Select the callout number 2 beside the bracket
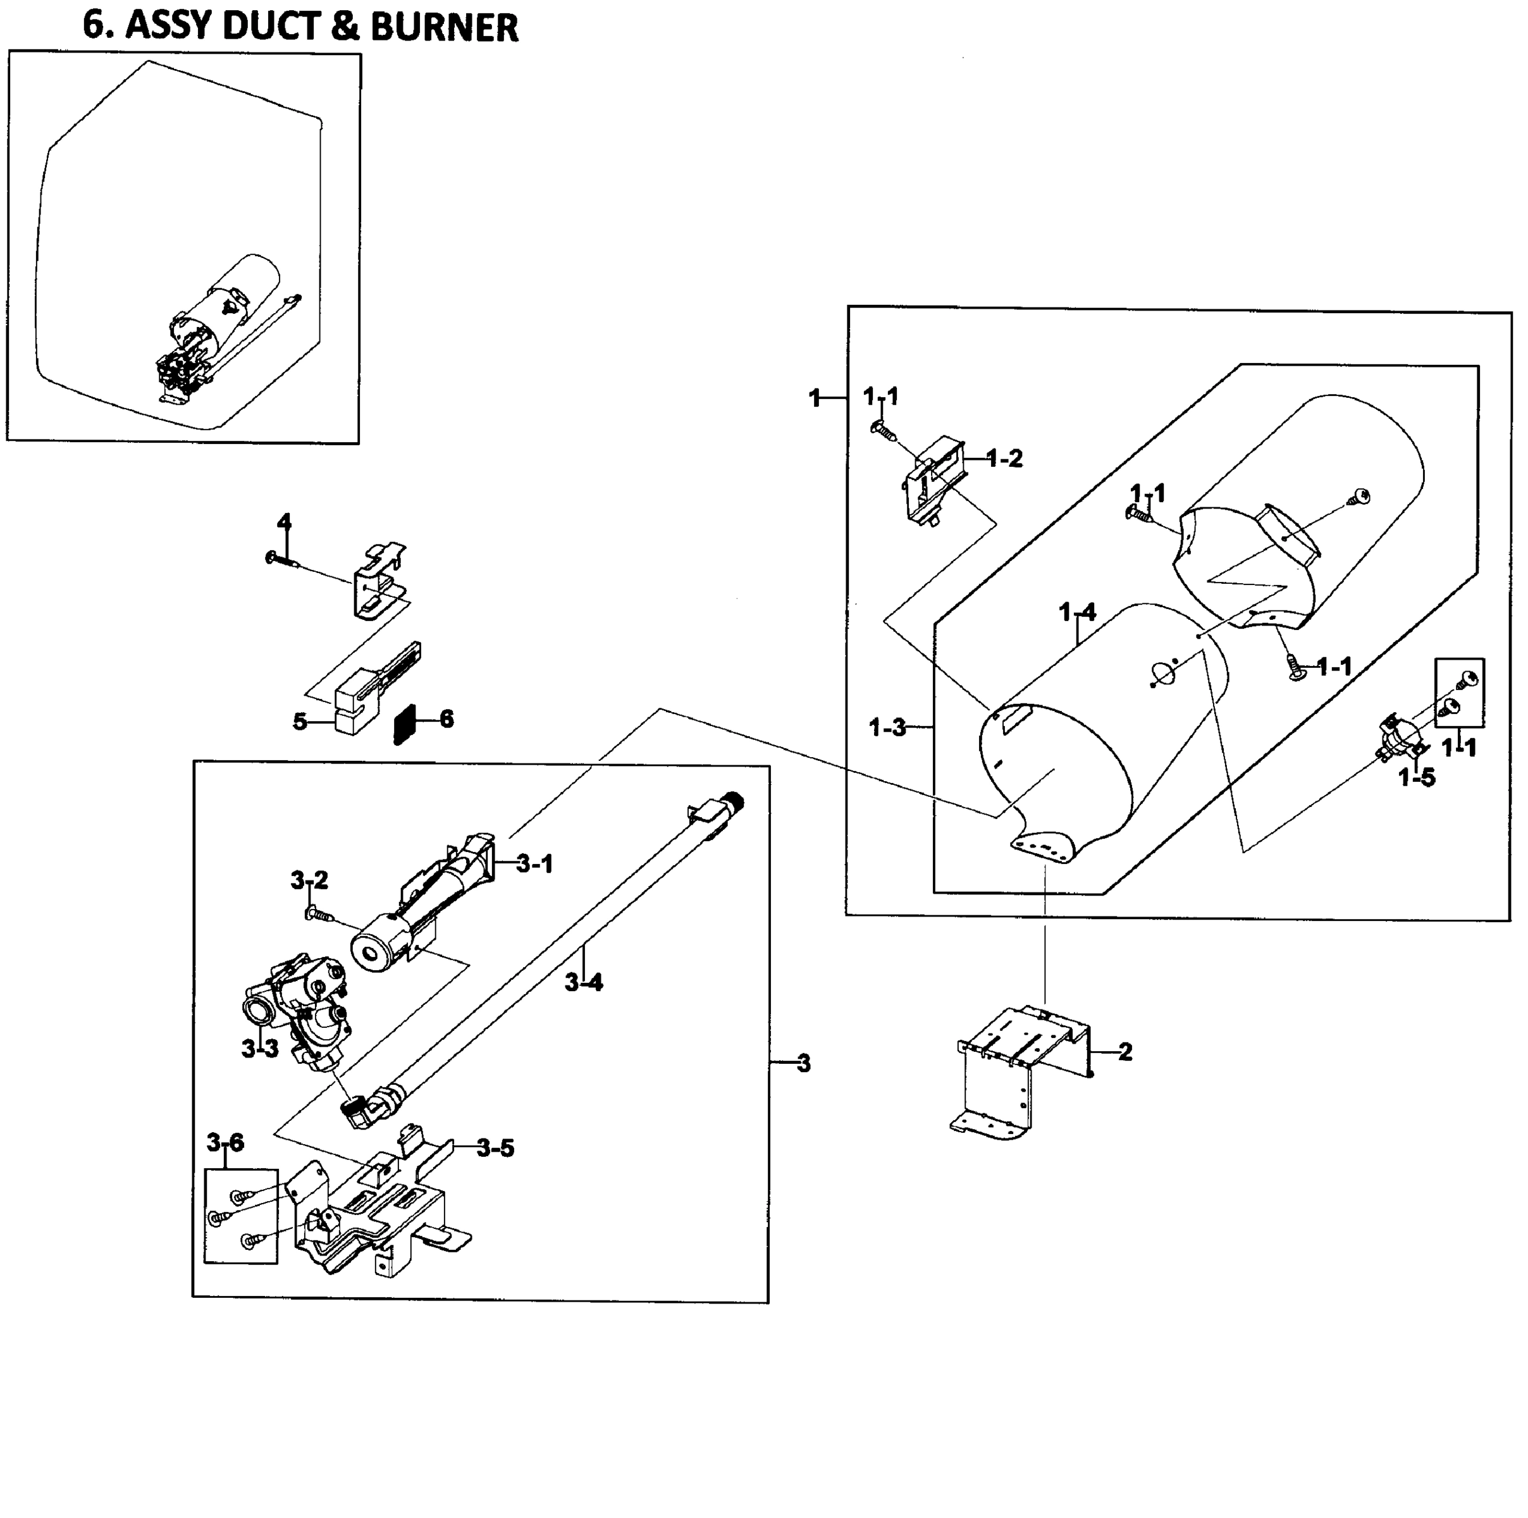1125,1052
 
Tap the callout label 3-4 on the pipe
584,984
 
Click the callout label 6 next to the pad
447,719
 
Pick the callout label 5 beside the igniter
300,722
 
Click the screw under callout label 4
281,559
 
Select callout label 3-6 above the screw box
225,1142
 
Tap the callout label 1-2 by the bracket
1004,459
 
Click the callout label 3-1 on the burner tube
534,865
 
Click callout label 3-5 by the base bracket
496,1149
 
